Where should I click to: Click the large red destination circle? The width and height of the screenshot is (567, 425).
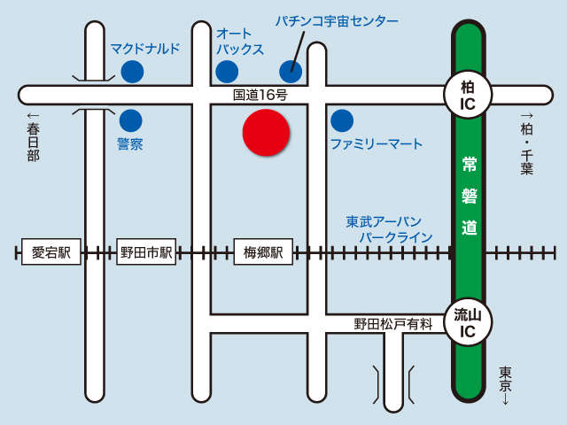pos(267,134)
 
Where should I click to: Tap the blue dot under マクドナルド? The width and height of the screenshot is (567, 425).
pos(132,72)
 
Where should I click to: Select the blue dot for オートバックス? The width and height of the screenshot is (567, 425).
pos(227,72)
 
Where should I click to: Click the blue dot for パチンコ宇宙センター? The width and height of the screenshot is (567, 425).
pos(290,71)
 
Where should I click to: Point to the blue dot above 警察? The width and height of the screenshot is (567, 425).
pos(131,120)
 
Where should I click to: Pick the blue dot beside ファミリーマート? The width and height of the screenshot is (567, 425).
pos(341,120)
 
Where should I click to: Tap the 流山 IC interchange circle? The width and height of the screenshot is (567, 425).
pos(467,323)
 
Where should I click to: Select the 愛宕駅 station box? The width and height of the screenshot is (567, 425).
pos(50,252)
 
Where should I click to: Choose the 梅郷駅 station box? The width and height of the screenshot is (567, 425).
pos(263,252)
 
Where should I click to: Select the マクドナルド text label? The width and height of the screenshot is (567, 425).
pos(145,49)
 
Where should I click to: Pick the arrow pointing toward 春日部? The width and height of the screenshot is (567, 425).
pos(34,116)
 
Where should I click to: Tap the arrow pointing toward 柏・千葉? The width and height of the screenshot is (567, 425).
pos(526,116)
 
